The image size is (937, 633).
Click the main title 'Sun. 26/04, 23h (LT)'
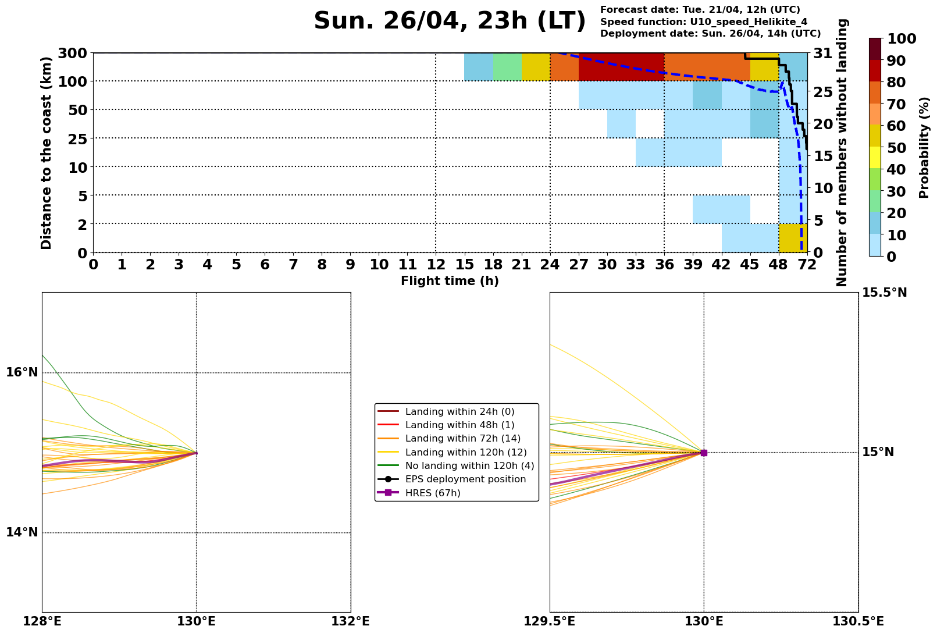pyautogui.click(x=449, y=22)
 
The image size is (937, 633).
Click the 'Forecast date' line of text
pyautogui.click(x=700, y=10)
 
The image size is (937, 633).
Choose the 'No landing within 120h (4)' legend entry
pyautogui.click(x=469, y=466)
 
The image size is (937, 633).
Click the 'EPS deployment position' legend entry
pyautogui.click(x=465, y=479)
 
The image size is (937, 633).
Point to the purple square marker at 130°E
pyautogui.click(x=704, y=453)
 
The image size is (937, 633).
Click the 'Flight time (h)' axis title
pyautogui.click(x=450, y=281)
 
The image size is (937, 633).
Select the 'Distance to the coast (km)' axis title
pyautogui.click(x=47, y=153)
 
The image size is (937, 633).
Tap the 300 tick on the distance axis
pyautogui.click(x=73, y=54)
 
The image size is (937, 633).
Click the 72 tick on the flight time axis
pyautogui.click(x=807, y=265)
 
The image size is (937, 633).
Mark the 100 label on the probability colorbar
pyautogui.click(x=902, y=39)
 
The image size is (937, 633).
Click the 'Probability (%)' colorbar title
pyautogui.click(x=924, y=147)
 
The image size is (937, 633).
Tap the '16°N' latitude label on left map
pyautogui.click(x=22, y=372)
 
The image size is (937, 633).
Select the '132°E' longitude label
pyautogui.click(x=350, y=621)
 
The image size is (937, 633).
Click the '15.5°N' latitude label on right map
pyautogui.click(x=884, y=293)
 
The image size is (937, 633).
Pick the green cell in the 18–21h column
pyautogui.click(x=507, y=67)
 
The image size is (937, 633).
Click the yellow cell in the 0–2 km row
pyautogui.click(x=793, y=238)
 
